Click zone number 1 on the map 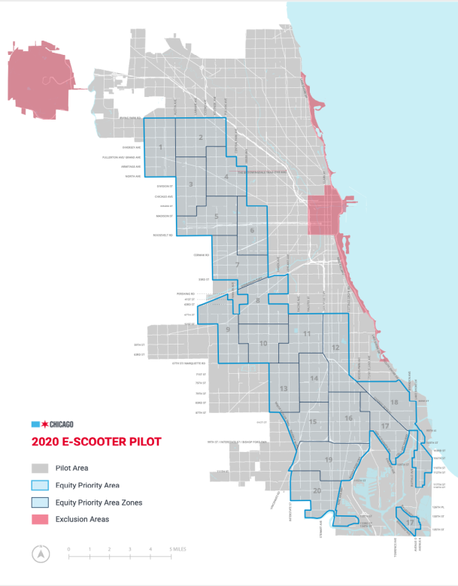tap(162, 147)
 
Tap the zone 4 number tap(226, 178)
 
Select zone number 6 tap(252, 230)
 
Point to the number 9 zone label tap(227, 329)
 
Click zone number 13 tap(284, 388)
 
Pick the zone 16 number tap(348, 418)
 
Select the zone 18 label tap(395, 403)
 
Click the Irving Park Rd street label tap(130, 119)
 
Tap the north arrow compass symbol tap(38, 554)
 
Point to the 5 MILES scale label tap(181, 550)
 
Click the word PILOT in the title tap(141, 442)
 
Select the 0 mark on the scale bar tap(68, 550)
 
